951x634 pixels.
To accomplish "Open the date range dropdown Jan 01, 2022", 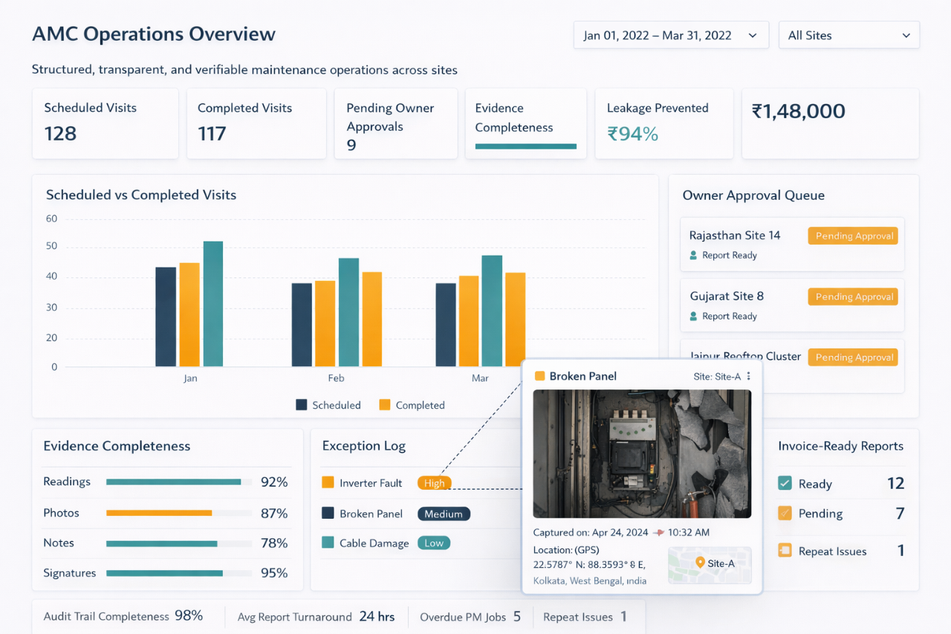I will click(670, 36).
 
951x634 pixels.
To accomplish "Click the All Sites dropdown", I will click(848, 36).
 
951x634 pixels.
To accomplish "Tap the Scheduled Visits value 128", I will click(60, 134).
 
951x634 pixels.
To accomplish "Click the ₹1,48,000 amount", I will click(798, 111).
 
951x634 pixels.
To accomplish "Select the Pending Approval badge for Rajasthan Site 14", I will click(854, 236).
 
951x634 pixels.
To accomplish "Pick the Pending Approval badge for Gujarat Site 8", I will click(854, 297).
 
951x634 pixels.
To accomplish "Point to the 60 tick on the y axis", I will click(51, 219).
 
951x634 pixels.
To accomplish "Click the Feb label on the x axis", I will click(336, 378).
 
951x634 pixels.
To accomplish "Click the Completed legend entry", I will click(412, 405).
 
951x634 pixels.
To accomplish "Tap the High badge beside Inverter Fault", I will click(435, 483).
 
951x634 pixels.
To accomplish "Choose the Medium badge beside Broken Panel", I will click(444, 514).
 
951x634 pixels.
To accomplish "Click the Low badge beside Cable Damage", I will click(434, 543).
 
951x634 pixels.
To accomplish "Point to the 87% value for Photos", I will click(273, 513).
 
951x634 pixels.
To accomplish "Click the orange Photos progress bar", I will click(159, 513).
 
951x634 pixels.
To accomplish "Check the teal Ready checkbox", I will click(785, 483).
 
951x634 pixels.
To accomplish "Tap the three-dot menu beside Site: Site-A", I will click(749, 376).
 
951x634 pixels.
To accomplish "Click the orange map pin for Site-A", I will click(699, 563).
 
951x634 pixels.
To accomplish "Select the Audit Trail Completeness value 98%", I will click(189, 616).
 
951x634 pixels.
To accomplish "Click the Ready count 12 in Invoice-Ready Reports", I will click(895, 484).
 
